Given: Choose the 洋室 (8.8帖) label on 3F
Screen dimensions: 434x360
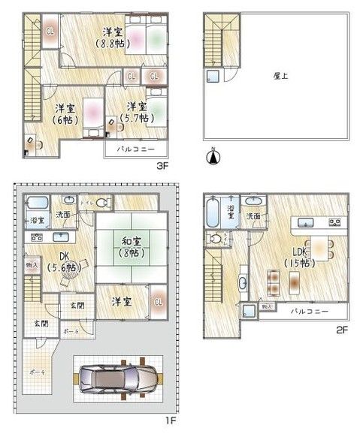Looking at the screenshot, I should (113, 38).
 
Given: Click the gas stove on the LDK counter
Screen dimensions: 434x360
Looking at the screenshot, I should (335, 222).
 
